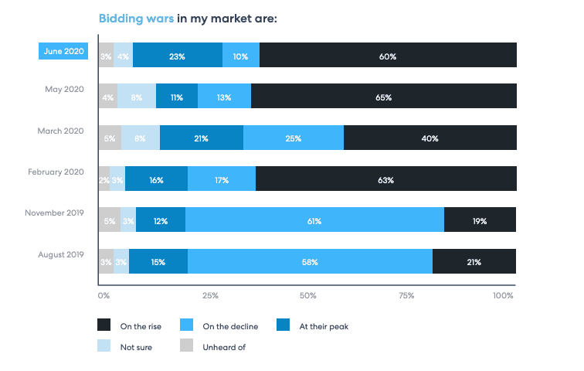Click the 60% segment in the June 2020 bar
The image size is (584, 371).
(x=388, y=56)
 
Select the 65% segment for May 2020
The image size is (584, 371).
(x=383, y=97)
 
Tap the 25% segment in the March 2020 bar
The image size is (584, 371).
(x=294, y=139)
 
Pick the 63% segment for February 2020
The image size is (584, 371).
(x=385, y=180)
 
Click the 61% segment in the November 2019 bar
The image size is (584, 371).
(x=314, y=221)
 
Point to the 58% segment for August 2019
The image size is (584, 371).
(x=310, y=262)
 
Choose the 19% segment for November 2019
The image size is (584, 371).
(x=480, y=221)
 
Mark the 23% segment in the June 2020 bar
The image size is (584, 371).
(x=178, y=56)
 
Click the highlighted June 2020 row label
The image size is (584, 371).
(x=63, y=51)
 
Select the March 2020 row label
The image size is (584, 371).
(x=60, y=131)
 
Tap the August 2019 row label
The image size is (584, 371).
(x=61, y=254)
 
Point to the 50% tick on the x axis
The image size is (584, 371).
(x=307, y=295)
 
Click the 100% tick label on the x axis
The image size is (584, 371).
(x=502, y=295)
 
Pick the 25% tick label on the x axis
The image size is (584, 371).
(x=209, y=295)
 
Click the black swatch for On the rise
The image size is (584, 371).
(x=104, y=326)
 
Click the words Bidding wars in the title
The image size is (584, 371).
(x=136, y=17)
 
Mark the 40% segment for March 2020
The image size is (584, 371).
(x=430, y=139)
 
